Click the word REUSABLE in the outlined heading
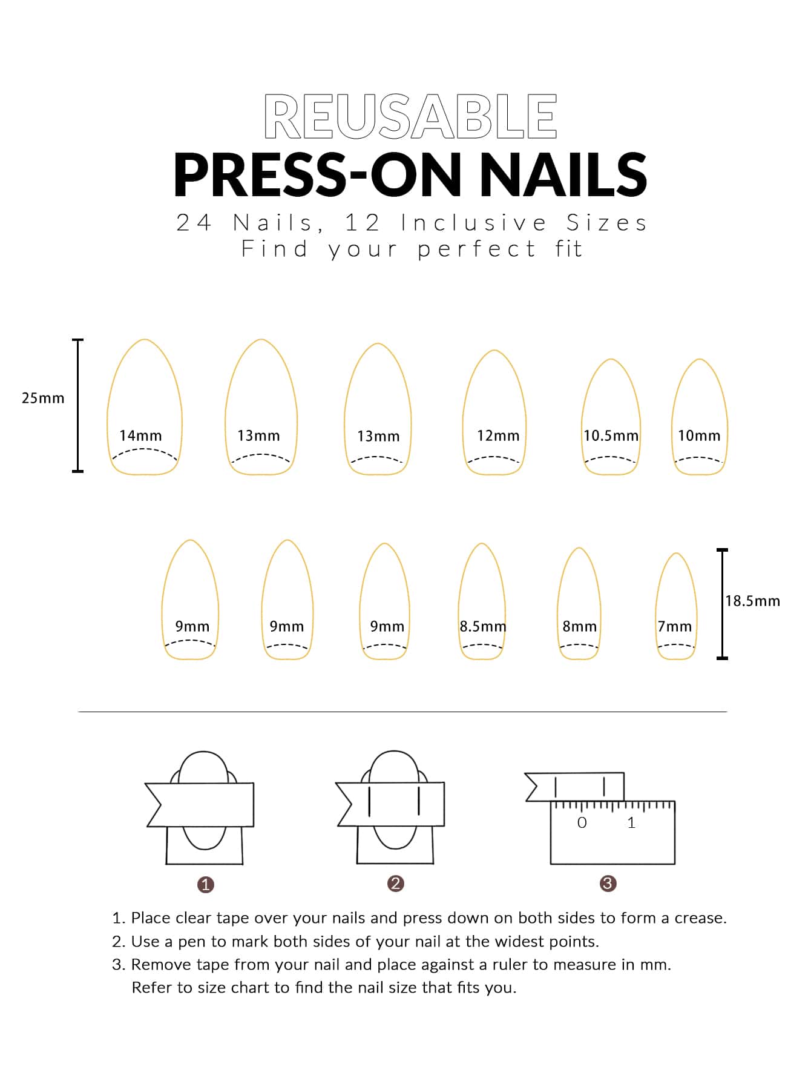(x=410, y=116)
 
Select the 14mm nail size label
(x=140, y=435)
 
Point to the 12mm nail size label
(x=498, y=435)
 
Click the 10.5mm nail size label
(x=611, y=435)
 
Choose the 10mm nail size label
(x=699, y=435)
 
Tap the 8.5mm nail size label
(x=482, y=626)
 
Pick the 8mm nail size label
(x=580, y=626)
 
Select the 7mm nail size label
(x=675, y=626)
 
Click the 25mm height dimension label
(x=43, y=398)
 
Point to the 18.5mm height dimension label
(x=753, y=601)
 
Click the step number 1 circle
(x=206, y=885)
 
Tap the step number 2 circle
(x=395, y=884)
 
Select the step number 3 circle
(x=608, y=884)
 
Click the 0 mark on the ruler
(x=582, y=822)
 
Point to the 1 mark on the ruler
(x=631, y=822)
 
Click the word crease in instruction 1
(x=701, y=918)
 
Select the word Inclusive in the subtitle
(x=474, y=223)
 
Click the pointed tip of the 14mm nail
(x=145, y=340)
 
